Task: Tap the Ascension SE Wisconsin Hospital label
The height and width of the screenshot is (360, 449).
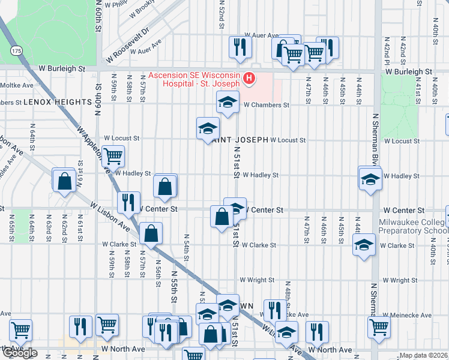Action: [195, 80]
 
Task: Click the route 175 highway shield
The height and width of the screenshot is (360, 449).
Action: [16, 50]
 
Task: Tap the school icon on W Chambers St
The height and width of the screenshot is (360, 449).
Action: [228, 104]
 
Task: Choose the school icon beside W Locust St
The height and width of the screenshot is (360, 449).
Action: [208, 128]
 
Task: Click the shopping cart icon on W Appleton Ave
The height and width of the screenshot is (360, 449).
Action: [113, 157]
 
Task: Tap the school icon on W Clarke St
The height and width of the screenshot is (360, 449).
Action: [364, 245]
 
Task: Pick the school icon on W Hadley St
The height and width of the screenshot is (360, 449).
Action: [370, 179]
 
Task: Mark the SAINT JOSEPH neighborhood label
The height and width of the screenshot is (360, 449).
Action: [238, 140]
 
